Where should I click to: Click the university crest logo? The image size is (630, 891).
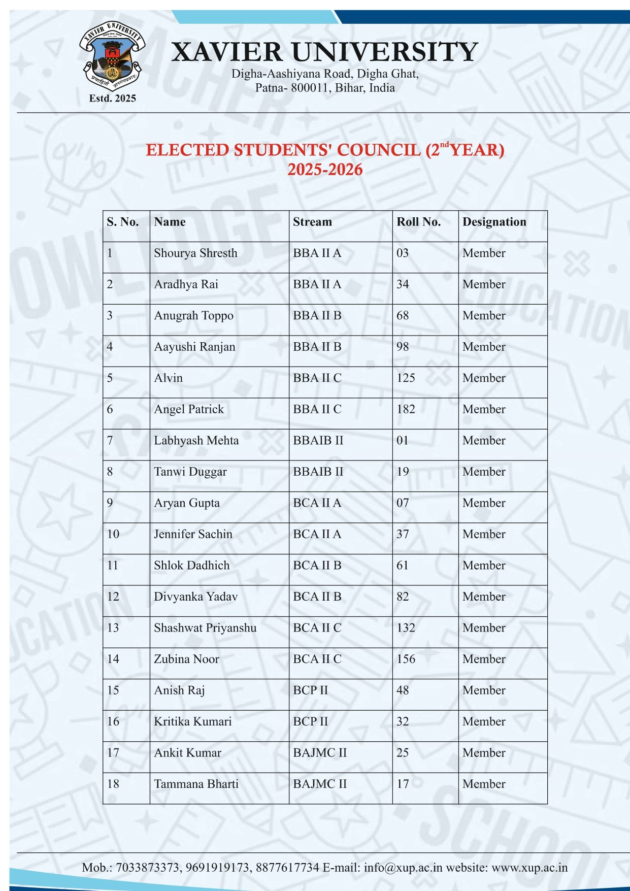coord(112,56)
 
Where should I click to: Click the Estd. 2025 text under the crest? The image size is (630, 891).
coord(112,98)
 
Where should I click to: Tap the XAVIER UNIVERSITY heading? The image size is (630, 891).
coord(324,52)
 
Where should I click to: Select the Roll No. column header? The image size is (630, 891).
coord(418,222)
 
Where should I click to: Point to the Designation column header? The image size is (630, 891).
coord(494,222)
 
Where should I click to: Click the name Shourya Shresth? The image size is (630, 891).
coord(195,253)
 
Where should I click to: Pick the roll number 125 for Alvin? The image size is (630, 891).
coord(406,378)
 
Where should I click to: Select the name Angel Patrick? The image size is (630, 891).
coord(189,409)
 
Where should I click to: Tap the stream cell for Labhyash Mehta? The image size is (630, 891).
coord(318,440)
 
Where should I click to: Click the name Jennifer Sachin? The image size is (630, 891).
coord(193,534)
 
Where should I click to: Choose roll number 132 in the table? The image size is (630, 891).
coord(406,628)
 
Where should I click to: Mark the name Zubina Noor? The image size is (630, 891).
coord(186,659)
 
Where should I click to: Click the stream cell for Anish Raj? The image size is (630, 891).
coord(310,690)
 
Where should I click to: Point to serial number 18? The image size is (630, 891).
coord(113,784)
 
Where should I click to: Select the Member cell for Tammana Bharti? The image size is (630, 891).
coord(484,784)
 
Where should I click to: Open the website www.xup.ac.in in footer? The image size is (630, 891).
coord(529,868)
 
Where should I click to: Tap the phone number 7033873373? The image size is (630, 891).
coord(148,868)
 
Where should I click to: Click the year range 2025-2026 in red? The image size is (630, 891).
coord(325,170)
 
